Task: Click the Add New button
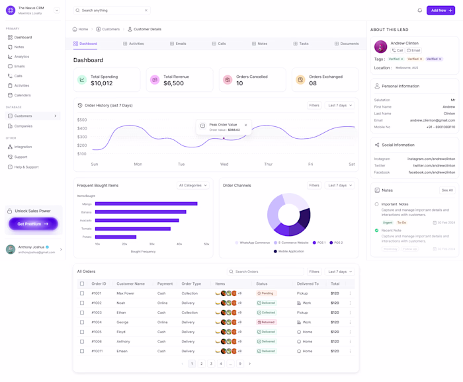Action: pyautogui.click(x=440, y=11)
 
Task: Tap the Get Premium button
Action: pyautogui.click(x=33, y=224)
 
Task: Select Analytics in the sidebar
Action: pyautogui.click(x=22, y=57)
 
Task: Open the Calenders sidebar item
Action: pyautogui.click(x=22, y=95)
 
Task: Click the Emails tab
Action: pyautogui.click(x=178, y=44)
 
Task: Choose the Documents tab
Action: pyautogui.click(x=347, y=44)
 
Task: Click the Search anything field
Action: pyautogui.click(x=111, y=11)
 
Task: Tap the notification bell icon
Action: pyautogui.click(x=419, y=11)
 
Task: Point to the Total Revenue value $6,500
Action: pyautogui.click(x=173, y=83)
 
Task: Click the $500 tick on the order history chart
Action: pyautogui.click(x=82, y=120)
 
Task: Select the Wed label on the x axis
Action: pyautogui.click(x=224, y=164)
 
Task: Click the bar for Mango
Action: pyautogui.click(x=146, y=204)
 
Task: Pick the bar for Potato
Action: pyautogui.click(x=116, y=237)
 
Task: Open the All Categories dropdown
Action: pyautogui.click(x=192, y=186)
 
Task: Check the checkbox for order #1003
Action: pyautogui.click(x=82, y=313)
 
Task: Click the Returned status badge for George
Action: pyautogui.click(x=266, y=323)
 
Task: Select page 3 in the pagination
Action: pyautogui.click(x=211, y=363)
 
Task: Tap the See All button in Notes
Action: pyautogui.click(x=447, y=190)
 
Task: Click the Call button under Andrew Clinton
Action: pyautogui.click(x=398, y=50)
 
